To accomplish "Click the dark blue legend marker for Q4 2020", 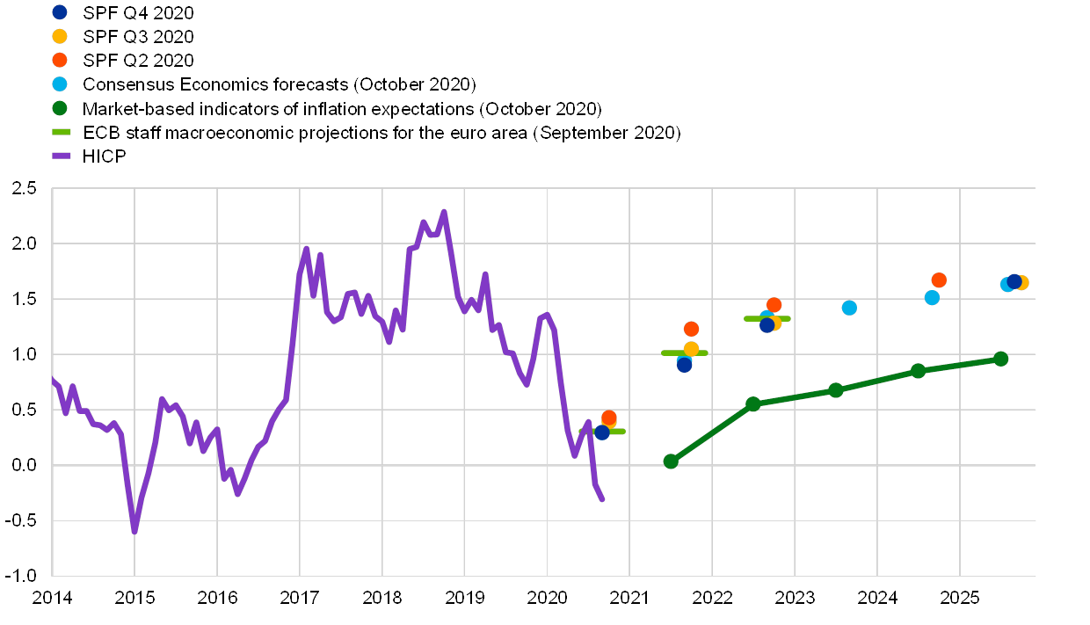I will point(60,12).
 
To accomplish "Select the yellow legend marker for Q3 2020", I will point(60,36).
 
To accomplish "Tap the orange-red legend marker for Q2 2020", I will point(60,60).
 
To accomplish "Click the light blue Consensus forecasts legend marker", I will point(60,84).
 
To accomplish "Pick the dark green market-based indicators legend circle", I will point(60,109).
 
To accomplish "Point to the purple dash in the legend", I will point(62,156).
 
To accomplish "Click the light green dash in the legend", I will point(62,133).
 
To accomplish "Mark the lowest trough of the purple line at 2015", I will point(134,531).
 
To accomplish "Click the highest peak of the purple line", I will point(444,212).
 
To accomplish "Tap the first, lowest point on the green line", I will point(671,461).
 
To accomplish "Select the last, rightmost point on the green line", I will point(1000,359).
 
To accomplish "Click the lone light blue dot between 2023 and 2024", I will point(849,308).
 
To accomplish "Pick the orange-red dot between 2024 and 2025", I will point(938,280).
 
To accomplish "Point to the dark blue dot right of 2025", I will point(1014,281).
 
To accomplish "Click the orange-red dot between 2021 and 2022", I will point(691,329).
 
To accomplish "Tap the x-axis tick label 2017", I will point(299,598).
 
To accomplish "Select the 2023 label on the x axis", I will point(794,598).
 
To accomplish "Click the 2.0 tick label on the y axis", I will point(24,243).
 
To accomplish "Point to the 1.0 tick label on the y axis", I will point(24,354).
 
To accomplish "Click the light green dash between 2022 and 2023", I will point(767,318).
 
